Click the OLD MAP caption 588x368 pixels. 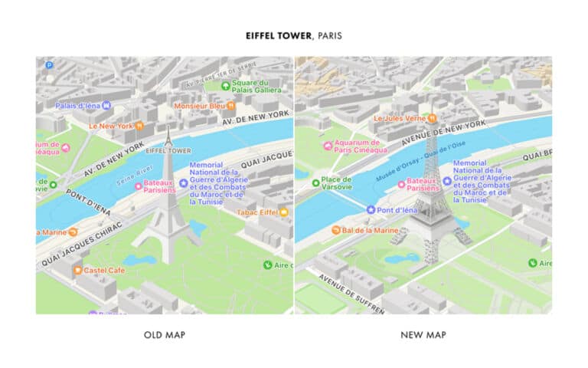pyautogui.click(x=165, y=335)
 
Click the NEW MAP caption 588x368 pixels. pyautogui.click(x=423, y=335)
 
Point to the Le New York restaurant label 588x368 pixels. pyautogui.click(x=111, y=126)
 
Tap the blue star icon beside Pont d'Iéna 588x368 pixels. pyautogui.click(x=371, y=209)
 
